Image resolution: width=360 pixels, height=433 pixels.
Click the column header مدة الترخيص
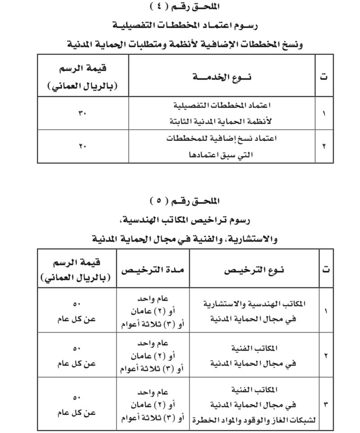[153, 270]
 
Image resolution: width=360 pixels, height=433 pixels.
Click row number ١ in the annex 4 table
[324, 113]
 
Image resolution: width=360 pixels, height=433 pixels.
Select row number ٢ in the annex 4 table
[324, 146]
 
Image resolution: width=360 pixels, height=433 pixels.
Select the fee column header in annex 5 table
[76, 270]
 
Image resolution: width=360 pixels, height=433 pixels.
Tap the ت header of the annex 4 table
[324, 77]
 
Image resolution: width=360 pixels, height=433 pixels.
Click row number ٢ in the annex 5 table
[326, 355]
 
